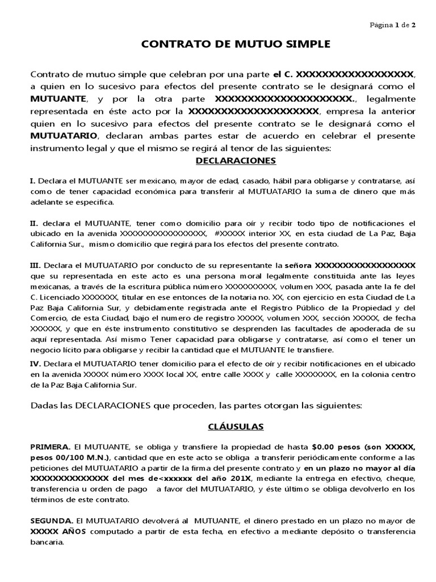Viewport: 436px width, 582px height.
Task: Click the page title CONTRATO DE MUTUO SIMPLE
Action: (219, 44)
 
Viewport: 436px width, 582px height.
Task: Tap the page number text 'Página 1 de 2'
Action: (393, 26)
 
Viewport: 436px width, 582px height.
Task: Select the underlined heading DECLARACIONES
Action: (235, 161)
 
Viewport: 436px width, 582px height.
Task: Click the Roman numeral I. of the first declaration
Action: (32, 181)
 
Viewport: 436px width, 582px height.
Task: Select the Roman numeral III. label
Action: (35, 265)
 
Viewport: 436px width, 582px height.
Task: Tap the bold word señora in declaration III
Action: (298, 265)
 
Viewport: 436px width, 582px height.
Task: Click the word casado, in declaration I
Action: (225, 181)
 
